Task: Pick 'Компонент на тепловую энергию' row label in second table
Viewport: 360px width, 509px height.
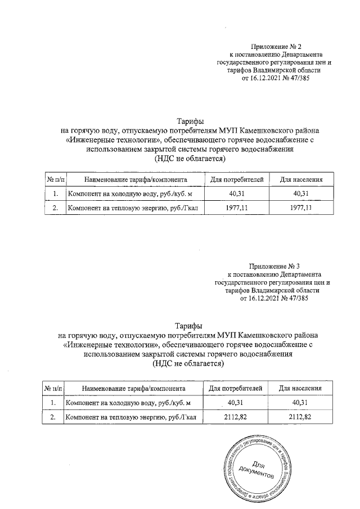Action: click(130, 417)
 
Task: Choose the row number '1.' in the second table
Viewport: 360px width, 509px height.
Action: click(53, 403)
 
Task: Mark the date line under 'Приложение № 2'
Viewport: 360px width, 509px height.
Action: click(276, 79)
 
